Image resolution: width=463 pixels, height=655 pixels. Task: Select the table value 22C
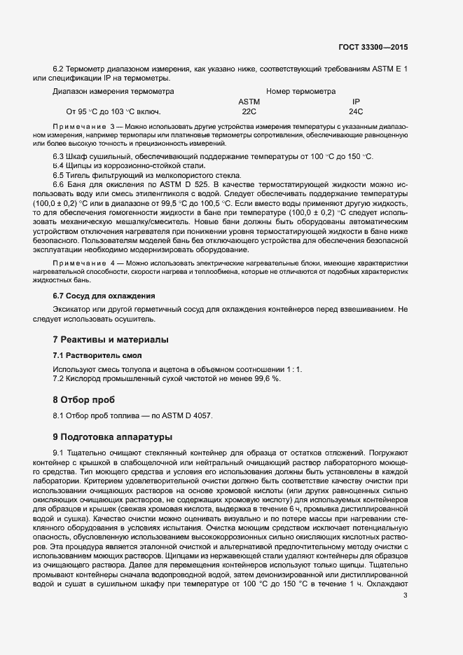(x=249, y=111)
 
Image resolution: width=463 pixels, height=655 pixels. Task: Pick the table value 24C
(x=356, y=111)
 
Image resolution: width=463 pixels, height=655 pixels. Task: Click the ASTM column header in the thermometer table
(x=249, y=102)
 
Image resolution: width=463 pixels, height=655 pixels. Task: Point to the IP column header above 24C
(x=356, y=102)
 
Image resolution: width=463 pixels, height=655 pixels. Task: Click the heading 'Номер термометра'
(x=301, y=91)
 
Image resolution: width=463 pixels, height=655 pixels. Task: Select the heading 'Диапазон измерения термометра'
(x=113, y=91)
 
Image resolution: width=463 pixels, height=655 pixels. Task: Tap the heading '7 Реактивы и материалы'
(x=111, y=340)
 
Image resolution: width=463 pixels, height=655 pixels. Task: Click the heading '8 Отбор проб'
(x=83, y=400)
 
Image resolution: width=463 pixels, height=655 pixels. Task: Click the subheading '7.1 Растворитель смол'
(x=98, y=355)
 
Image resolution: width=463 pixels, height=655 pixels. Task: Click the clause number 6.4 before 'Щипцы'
(x=60, y=165)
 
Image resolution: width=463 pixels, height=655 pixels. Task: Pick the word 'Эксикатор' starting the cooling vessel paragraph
(x=72, y=309)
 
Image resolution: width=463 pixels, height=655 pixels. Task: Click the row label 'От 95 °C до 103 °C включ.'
(x=113, y=111)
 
